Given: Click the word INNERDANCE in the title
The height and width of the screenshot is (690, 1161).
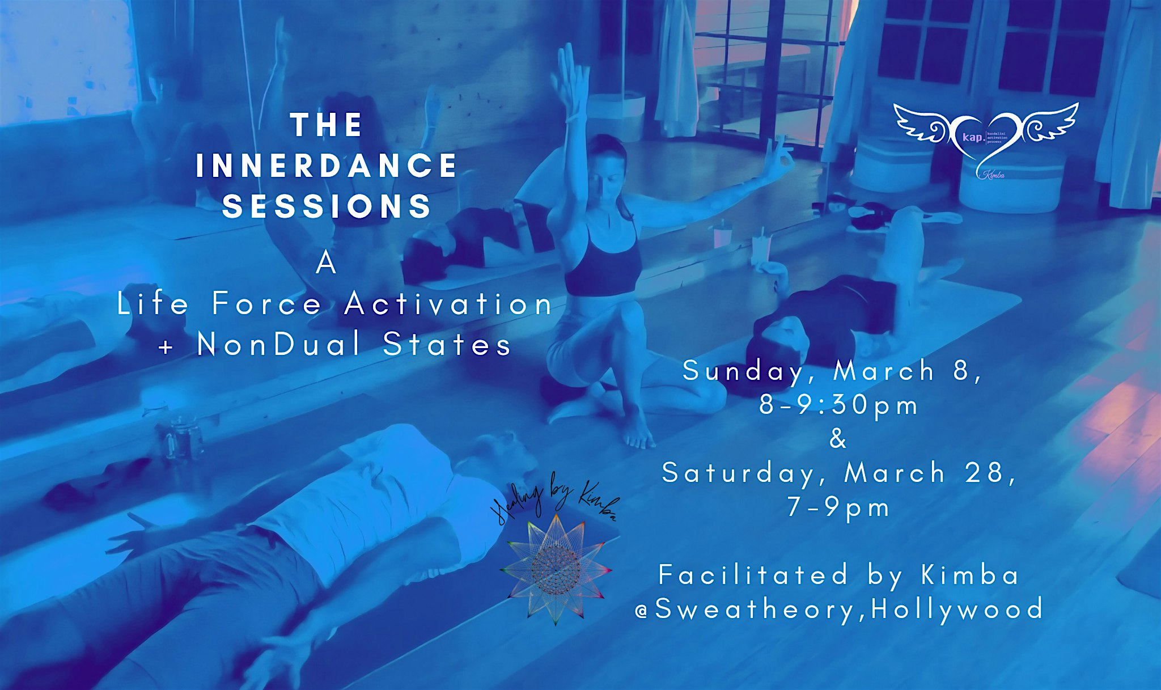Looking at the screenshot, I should point(326,166).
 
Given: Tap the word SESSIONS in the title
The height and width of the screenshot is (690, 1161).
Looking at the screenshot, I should point(327,206).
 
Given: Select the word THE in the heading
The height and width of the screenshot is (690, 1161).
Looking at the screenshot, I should point(327,125).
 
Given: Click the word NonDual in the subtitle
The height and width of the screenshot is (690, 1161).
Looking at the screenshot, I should point(279,344).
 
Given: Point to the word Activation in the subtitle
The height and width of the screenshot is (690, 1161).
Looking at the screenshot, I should point(448,303).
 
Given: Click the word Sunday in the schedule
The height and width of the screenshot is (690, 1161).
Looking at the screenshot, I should point(743,371).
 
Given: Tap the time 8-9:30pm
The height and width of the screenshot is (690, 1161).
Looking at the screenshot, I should point(838,405).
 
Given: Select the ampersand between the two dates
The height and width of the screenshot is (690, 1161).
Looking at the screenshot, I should point(838,439).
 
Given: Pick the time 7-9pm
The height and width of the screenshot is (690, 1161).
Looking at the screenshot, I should point(838,507).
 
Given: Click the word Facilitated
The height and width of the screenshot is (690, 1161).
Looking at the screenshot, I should point(753,575).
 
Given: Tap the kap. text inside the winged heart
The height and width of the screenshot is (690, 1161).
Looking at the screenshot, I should point(973,137).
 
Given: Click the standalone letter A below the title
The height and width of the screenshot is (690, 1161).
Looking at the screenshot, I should point(326,263).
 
